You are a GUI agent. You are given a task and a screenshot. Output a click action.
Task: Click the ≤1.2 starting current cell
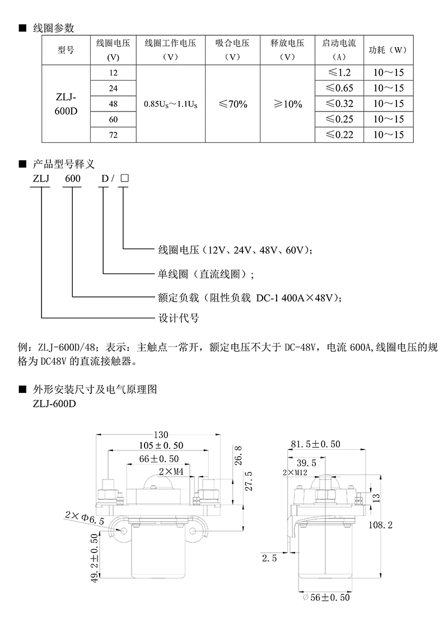tap(339, 72)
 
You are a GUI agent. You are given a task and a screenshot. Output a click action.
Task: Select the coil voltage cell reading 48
tap(113, 104)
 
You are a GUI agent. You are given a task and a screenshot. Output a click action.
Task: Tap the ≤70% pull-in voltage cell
tap(232, 104)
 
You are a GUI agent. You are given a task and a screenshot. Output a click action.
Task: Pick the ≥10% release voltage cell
tap(287, 104)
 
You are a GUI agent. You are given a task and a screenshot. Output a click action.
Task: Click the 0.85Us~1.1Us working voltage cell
tap(171, 104)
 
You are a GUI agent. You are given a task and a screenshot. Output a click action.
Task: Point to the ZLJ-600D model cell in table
tap(66, 104)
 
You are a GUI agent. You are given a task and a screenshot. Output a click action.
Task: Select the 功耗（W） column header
tap(388, 50)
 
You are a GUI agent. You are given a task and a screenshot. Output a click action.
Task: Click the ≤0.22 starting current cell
tap(339, 134)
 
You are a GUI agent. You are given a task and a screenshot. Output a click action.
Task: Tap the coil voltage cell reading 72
tap(113, 135)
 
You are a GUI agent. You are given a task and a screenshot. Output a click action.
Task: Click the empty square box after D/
tap(124, 178)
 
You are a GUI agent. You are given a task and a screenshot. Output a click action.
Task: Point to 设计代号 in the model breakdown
tap(179, 318)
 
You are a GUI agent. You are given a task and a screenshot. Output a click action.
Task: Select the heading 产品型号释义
tap(64, 164)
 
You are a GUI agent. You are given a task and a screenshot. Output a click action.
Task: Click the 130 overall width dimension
tap(161, 434)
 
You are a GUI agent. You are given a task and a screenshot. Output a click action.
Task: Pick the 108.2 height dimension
tap(380, 525)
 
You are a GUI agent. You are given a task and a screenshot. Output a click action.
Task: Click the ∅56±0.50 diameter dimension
tap(326, 597)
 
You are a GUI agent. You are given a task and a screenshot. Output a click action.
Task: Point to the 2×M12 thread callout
tap(295, 472)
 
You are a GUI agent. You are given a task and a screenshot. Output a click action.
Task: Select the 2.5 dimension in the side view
tap(269, 558)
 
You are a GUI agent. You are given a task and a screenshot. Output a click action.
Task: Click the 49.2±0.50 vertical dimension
tap(95, 558)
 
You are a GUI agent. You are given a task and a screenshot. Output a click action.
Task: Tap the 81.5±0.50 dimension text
tap(315, 444)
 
